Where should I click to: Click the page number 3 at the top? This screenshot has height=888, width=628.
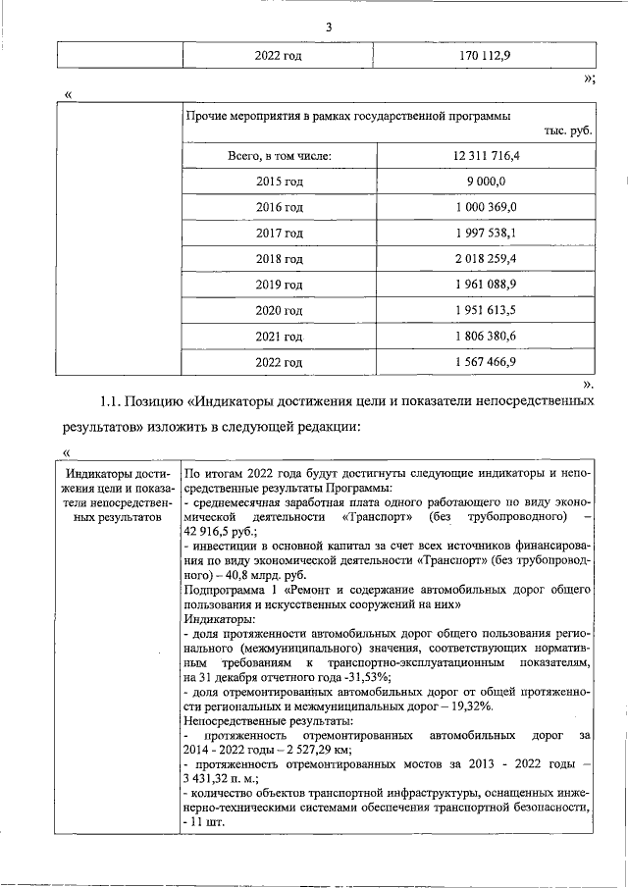tap(330, 27)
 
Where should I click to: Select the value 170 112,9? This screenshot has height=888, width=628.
tap(487, 56)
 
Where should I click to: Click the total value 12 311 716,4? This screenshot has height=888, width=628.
tap(487, 156)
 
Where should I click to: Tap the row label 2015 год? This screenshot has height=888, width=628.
tap(280, 182)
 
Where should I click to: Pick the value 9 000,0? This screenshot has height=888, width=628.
tap(487, 182)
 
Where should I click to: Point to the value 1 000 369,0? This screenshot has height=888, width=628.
tap(487, 207)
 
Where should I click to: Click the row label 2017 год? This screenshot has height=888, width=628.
tap(280, 234)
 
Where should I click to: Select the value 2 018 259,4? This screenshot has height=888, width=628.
tap(487, 259)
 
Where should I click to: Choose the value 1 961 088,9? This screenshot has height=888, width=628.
tap(487, 285)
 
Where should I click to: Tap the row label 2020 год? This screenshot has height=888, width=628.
tap(280, 310)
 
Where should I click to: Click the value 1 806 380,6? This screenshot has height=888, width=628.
tap(487, 337)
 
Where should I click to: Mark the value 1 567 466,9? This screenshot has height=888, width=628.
tap(487, 362)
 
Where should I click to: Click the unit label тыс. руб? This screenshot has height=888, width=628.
tap(566, 131)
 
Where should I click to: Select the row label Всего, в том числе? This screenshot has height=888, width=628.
tap(280, 156)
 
